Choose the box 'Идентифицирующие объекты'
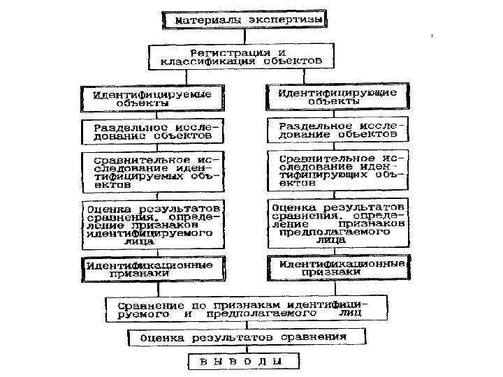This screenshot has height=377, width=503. [338, 96]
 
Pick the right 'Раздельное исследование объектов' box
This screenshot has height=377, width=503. [337, 130]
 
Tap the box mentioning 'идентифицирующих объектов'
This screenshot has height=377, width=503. [337, 170]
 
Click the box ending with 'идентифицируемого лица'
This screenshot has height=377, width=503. [153, 225]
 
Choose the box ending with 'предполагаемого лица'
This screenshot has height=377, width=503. [337, 223]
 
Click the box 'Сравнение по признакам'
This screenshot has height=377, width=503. [247, 309]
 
